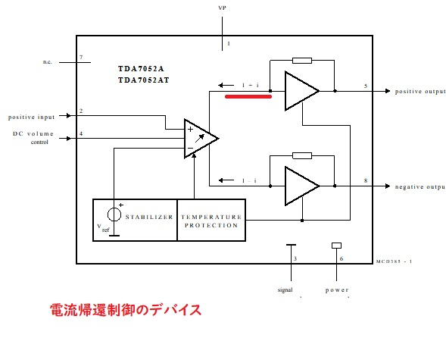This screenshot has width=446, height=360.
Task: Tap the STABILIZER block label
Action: tap(148, 217)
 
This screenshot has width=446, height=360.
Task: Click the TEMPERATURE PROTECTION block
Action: tap(211, 221)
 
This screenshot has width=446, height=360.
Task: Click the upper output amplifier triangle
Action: tap(300, 91)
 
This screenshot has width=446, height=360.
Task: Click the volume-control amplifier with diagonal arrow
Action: tap(199, 138)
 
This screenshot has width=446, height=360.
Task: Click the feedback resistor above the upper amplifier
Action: tap(301, 60)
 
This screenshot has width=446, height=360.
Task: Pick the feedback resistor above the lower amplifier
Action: tap(301, 155)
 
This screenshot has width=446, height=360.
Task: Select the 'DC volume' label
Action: tap(34, 134)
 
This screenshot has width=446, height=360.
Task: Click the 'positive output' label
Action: tap(419, 91)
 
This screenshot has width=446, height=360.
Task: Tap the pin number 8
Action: tap(366, 180)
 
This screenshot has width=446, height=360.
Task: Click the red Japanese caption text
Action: tap(125, 310)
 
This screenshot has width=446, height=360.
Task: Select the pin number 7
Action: tap(81, 57)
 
